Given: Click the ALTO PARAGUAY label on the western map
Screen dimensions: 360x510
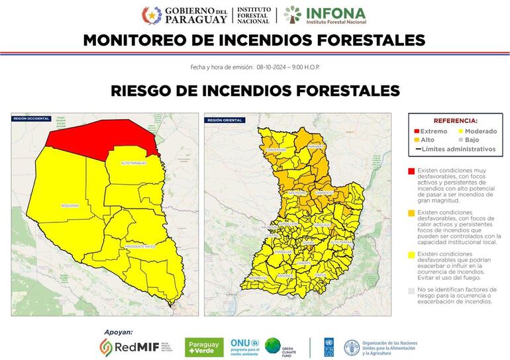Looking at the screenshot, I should pos(134,163).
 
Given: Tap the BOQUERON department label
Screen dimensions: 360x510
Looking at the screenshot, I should pos(70,206).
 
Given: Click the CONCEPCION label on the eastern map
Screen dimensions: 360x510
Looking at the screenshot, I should pos(276,150).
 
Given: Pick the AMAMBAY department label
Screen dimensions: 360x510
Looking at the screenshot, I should pos(316,144).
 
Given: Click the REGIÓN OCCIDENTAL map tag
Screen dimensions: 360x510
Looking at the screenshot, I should pos(30,118).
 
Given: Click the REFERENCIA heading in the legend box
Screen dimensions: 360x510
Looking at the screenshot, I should pos(455,121).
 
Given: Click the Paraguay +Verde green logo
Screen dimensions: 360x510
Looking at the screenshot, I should pos(204,347).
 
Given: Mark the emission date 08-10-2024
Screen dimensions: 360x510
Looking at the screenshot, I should pos(271,67).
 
